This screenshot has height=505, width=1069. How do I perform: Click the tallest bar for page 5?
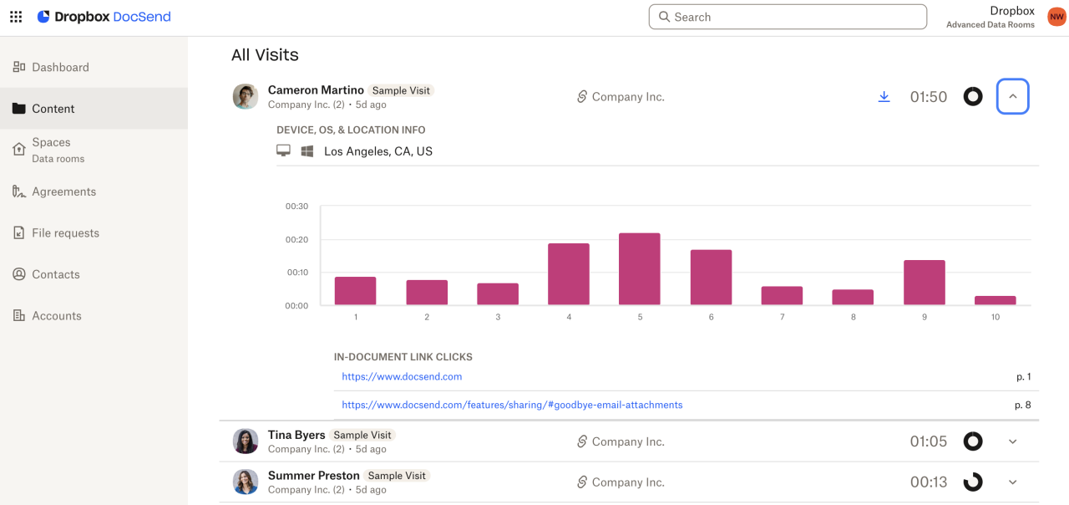pos(639,268)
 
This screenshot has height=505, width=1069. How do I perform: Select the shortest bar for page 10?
pos(995,300)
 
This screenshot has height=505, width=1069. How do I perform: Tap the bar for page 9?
pos(924,283)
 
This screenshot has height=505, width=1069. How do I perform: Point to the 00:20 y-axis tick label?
pos(296,240)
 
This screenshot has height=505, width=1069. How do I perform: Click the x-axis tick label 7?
pos(782,318)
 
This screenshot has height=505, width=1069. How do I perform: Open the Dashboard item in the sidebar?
pos(60,67)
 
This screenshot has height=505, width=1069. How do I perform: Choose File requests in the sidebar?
pos(65,233)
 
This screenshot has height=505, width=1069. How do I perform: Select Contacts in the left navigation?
pos(56,274)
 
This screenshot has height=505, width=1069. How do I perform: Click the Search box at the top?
pos(788,17)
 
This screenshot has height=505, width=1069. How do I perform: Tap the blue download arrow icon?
pos(884,97)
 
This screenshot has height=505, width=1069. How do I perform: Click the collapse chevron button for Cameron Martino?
pos(1012,97)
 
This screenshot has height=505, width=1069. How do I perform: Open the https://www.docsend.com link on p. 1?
pos(402,377)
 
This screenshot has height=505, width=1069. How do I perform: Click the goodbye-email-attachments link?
pos(512,405)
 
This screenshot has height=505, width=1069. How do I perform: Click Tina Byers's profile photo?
pos(246,441)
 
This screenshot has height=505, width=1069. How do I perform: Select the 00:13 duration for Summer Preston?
pos(928,482)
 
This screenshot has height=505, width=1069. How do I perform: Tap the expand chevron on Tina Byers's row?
pos(1012,441)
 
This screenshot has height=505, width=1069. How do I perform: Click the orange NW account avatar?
pos(1056,17)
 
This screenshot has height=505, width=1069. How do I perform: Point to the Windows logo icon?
pos(307,151)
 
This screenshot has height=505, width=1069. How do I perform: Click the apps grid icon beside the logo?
pos(16,17)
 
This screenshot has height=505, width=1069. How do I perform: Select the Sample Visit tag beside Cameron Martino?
pos(402,90)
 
